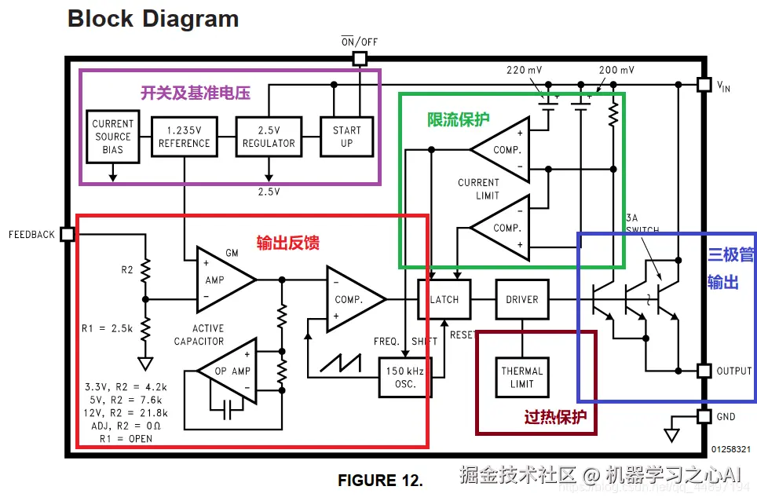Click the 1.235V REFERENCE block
185,137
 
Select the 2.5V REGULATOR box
269,137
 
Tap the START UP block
346,137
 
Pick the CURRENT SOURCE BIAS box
112,137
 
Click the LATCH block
444,299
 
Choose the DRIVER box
522,299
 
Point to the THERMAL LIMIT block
522,377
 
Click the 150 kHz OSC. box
406,377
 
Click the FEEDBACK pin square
67,234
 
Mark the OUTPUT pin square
704,371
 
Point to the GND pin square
704,417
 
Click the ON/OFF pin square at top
360,58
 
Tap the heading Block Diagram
153,19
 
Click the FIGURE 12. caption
380,480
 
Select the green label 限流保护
458,119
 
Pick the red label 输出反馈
288,243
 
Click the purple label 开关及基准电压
196,93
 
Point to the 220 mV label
525,70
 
